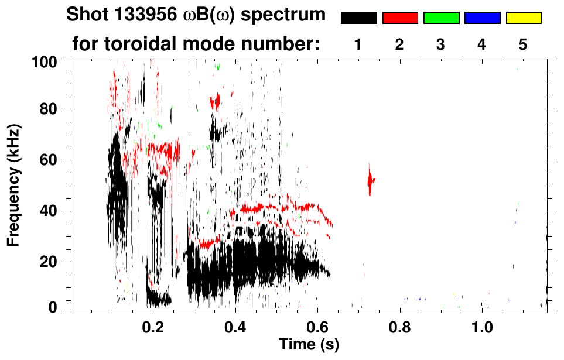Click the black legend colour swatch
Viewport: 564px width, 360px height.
358,18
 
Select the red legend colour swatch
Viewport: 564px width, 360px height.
400,18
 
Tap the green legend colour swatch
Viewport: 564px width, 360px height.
441,18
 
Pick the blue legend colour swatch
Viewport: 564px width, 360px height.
482,18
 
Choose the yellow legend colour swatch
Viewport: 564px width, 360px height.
524,18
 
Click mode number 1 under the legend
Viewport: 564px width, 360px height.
358,45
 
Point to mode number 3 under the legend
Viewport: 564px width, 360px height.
440,45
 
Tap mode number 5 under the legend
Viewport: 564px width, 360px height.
523,45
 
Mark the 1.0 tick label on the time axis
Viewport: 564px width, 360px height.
482,325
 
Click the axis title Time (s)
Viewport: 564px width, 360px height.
309,345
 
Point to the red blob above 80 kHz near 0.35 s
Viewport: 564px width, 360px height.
216,101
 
